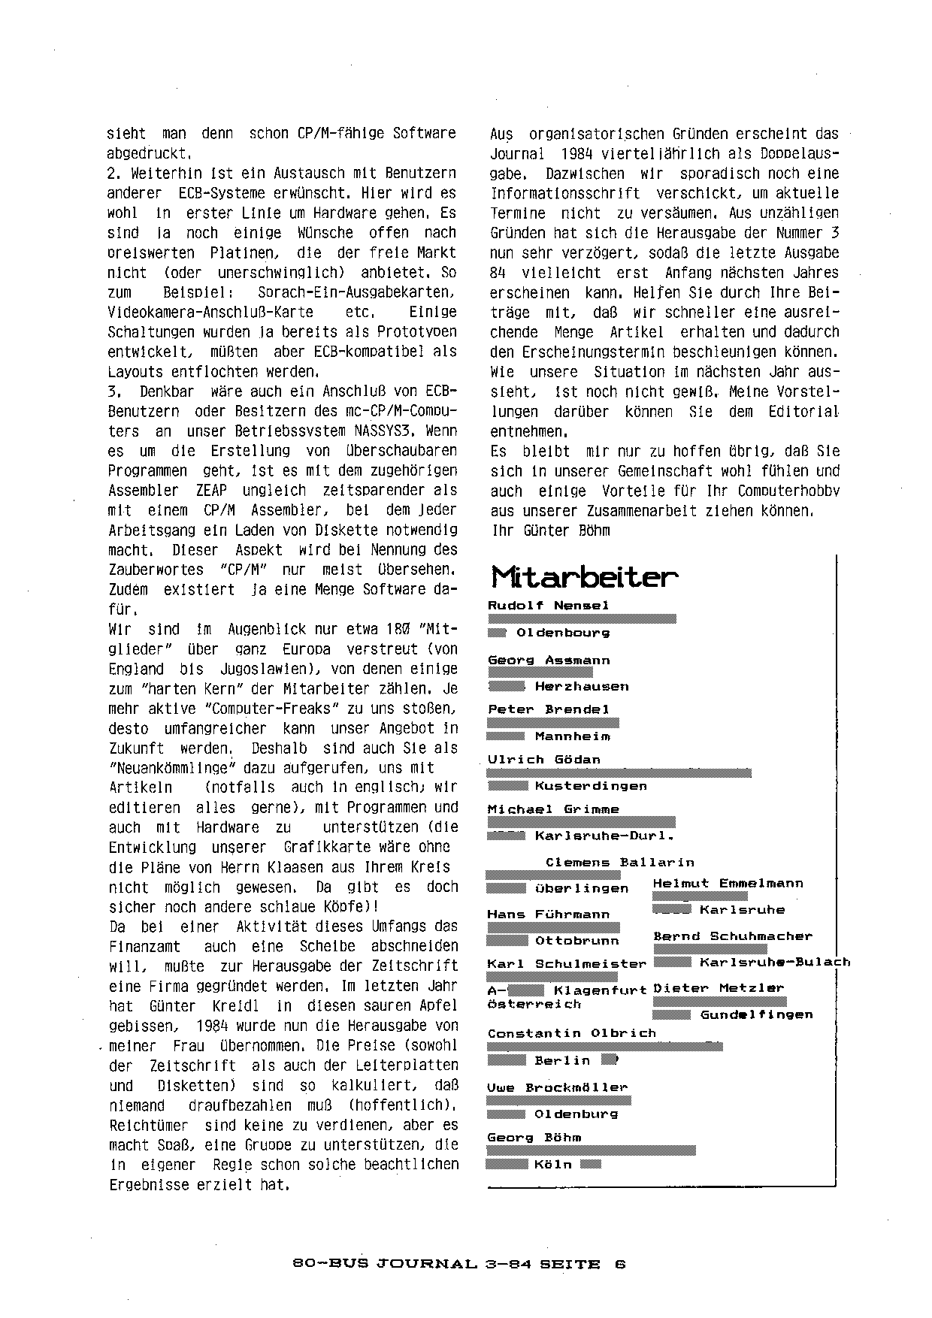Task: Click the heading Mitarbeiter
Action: [584, 578]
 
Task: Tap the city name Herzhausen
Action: [582, 687]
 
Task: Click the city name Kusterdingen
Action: [591, 786]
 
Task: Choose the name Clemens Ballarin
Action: [620, 863]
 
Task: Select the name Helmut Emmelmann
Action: [728, 884]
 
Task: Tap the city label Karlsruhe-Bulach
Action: [775, 963]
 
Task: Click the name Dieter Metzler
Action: [719, 988]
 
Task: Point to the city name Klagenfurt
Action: [601, 990]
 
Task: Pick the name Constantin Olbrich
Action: [572, 1033]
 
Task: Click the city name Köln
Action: [553, 1165]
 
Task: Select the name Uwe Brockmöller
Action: [557, 1087]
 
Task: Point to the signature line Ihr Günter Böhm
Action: [550, 531]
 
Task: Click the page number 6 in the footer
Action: [620, 1265]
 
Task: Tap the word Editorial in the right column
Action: [803, 412]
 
